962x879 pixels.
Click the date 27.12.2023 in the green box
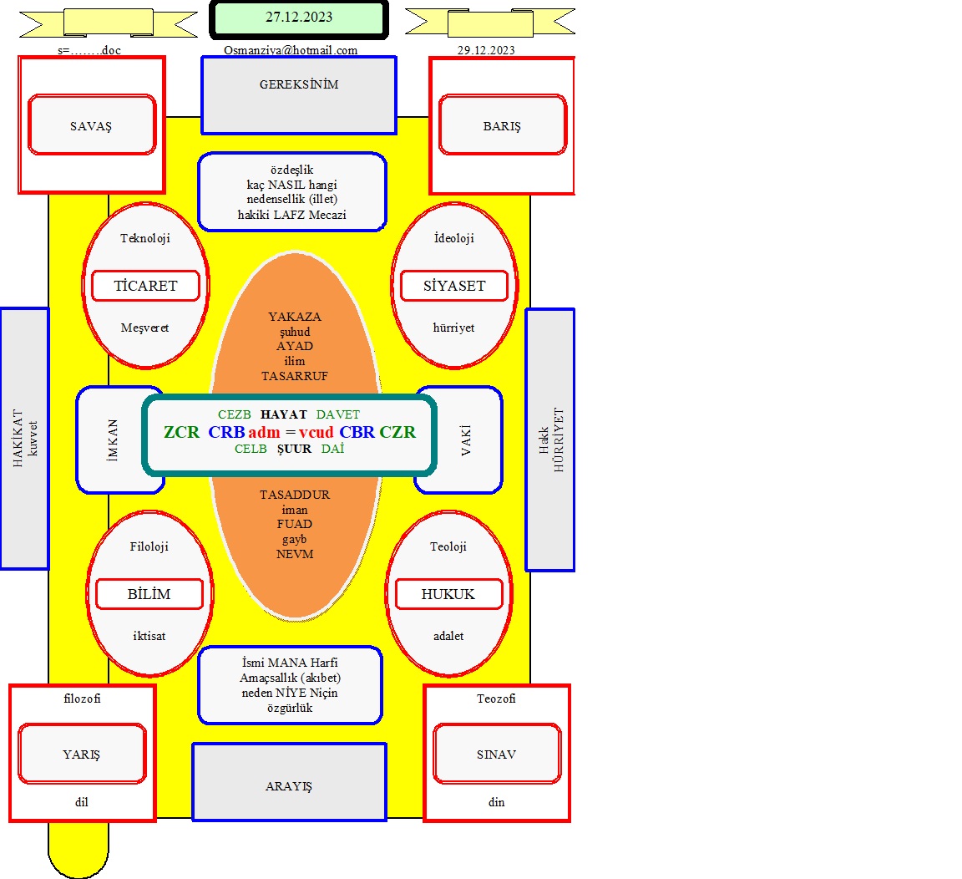(x=299, y=18)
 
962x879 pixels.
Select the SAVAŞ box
(x=92, y=124)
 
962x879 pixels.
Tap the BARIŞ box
(x=503, y=124)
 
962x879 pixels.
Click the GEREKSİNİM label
(x=299, y=84)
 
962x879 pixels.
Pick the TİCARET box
(x=146, y=286)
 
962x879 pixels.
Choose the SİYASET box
(x=454, y=286)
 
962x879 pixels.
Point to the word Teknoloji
(x=144, y=238)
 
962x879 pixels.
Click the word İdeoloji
(x=454, y=238)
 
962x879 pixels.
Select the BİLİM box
(x=149, y=594)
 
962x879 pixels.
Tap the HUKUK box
(x=448, y=594)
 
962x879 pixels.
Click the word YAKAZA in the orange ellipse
(x=295, y=317)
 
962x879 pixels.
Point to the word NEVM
(x=295, y=554)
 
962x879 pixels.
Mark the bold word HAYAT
(x=283, y=414)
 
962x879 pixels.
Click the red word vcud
(x=316, y=432)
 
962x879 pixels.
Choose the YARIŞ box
(x=82, y=754)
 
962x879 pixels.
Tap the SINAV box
(x=497, y=754)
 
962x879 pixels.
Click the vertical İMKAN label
(x=112, y=440)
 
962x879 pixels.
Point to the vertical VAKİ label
(x=466, y=440)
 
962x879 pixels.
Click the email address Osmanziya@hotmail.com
(x=291, y=50)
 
